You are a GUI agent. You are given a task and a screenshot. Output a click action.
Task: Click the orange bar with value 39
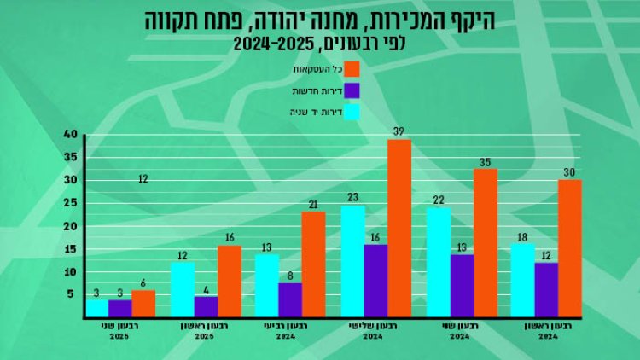tap(399, 228)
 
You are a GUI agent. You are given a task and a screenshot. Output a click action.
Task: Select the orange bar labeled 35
tap(485, 242)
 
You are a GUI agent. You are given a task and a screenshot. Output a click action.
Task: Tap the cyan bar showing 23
tap(353, 260)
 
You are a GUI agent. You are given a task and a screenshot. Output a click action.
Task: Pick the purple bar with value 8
tap(290, 299)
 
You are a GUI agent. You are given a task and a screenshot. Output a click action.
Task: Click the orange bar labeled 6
tap(143, 303)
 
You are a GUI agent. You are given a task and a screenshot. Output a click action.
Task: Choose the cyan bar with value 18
tap(523, 280)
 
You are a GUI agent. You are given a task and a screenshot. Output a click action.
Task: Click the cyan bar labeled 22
tap(439, 261)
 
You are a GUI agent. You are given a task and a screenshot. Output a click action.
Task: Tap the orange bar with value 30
tap(570, 247)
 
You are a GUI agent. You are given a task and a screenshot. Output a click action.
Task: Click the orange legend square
tap(352, 68)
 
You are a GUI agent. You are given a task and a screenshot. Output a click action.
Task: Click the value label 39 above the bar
tap(399, 130)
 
